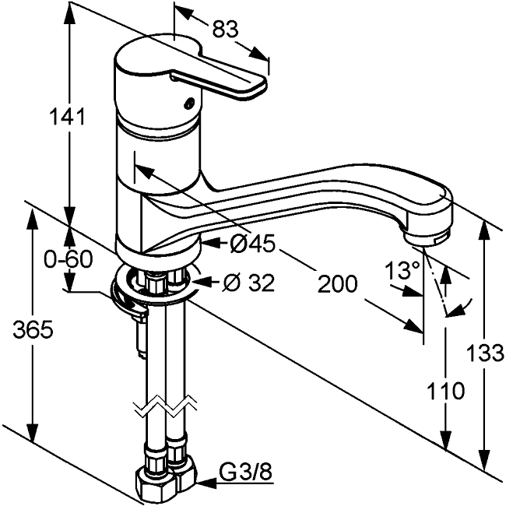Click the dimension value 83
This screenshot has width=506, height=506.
[225, 29]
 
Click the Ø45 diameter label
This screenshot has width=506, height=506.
[252, 244]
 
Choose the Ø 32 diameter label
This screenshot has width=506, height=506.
[248, 283]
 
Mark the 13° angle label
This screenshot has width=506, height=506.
[402, 271]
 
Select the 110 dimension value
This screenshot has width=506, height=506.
[446, 389]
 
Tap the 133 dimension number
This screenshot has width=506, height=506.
[487, 354]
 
